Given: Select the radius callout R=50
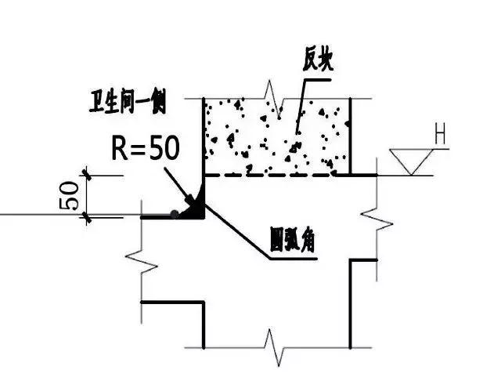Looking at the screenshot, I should tap(145, 149).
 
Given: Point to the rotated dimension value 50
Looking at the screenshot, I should tap(68, 194).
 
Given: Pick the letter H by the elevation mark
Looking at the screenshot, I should tap(441, 138).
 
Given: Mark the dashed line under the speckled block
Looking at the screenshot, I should tap(274, 175).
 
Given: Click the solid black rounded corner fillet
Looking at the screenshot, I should tap(196, 208).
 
